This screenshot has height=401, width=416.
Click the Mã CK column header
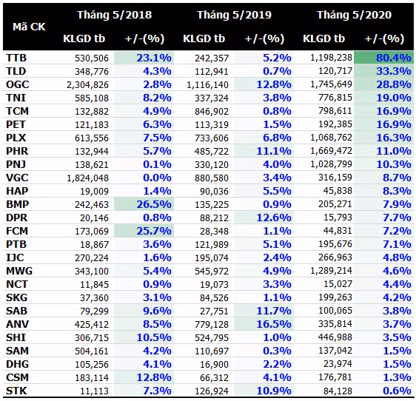(29, 27)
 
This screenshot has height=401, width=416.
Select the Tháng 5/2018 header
(115, 14)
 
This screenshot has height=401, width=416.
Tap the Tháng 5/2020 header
(354, 14)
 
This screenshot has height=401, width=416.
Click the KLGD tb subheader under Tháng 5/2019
(204, 38)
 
